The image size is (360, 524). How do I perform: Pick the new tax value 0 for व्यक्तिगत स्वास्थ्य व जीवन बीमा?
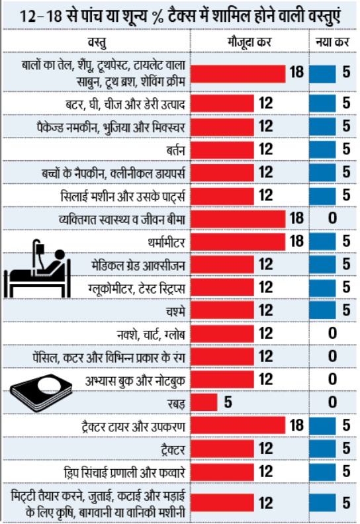pos(333,219)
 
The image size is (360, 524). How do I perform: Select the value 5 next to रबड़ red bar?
pos(228,402)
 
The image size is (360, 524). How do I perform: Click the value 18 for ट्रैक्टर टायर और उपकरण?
pos(296,424)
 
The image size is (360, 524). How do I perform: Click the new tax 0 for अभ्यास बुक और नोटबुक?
pos(333,379)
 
